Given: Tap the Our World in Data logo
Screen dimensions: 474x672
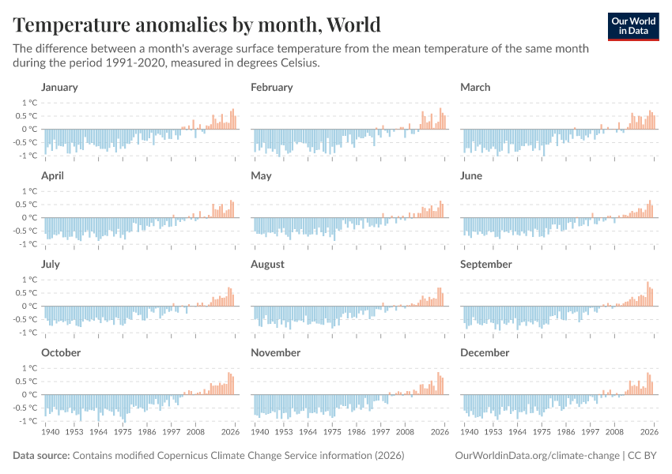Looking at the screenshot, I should [633, 26].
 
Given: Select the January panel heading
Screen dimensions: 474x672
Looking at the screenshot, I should [59, 87].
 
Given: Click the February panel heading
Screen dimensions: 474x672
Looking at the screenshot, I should [271, 87].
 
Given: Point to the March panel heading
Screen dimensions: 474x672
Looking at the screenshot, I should [475, 87].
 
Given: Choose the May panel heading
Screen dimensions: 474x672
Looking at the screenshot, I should [261, 175].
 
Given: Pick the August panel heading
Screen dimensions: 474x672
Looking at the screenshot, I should [267, 264].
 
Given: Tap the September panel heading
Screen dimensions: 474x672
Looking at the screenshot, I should [485, 264].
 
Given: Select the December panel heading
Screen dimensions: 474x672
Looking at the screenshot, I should [485, 352].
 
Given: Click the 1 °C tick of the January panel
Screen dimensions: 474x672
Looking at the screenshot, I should [29, 103].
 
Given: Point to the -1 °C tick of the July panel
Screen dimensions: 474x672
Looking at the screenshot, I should [28, 333].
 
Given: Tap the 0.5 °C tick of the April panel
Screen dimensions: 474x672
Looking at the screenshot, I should [27, 204].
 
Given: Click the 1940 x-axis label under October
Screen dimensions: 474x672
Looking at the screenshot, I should [50, 432].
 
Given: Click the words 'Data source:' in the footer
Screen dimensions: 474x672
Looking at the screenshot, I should [41, 456].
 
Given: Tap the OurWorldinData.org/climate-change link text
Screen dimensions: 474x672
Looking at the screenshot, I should [537, 456].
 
